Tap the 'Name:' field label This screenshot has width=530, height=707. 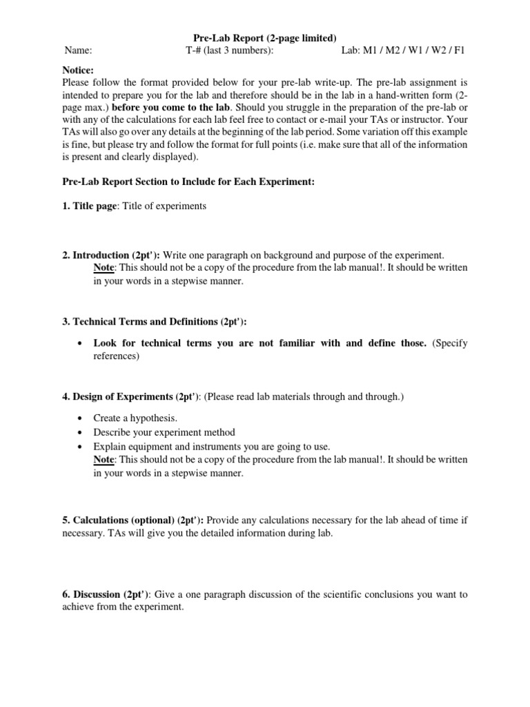click(x=78, y=50)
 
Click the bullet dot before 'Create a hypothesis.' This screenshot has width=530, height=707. click(x=81, y=419)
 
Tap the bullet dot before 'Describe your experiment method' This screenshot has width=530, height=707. click(x=81, y=432)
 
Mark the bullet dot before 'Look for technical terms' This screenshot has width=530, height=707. click(x=81, y=344)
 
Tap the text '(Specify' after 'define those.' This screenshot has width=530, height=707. click(x=450, y=343)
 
